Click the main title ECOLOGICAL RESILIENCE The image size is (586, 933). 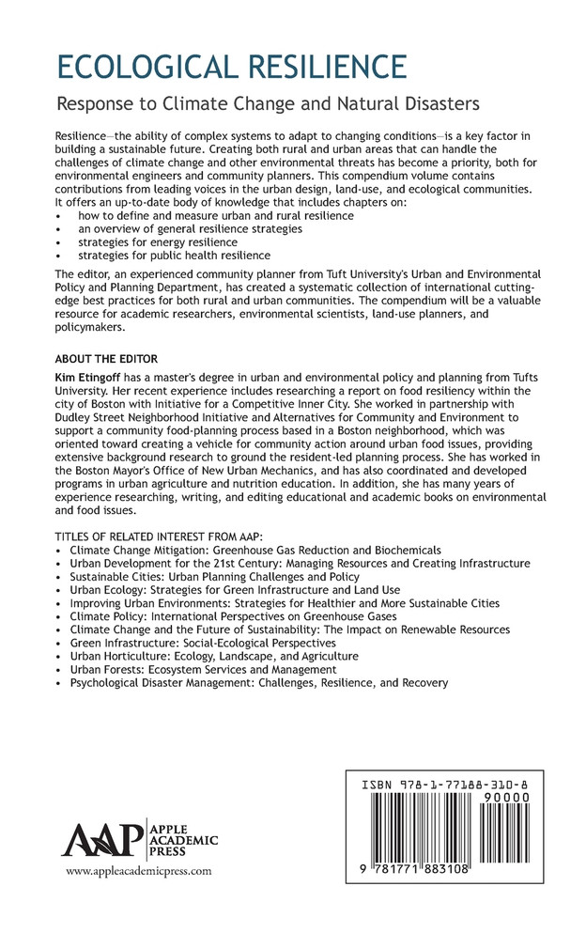point(232,68)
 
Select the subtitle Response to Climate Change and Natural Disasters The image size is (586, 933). point(269,102)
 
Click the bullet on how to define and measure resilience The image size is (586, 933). point(203,215)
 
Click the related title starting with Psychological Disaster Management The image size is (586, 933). point(259,683)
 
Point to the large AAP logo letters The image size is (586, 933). point(100,838)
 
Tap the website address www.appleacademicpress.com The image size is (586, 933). point(138,871)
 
